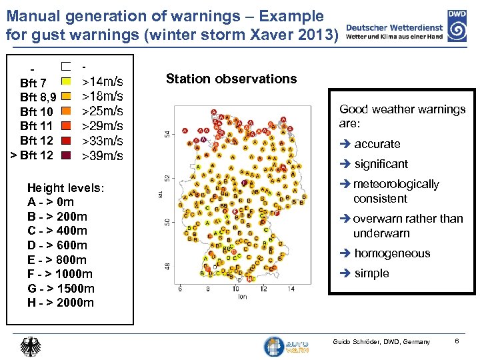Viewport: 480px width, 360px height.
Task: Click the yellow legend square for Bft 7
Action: [x=66, y=82]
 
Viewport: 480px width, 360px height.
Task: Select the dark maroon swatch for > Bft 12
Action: [x=66, y=155]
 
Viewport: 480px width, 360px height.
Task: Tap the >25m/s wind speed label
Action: [x=102, y=111]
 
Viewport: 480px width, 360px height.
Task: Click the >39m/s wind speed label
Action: [x=102, y=155]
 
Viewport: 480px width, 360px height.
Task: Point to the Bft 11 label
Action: [x=37, y=126]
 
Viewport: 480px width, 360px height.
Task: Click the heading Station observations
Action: [x=231, y=79]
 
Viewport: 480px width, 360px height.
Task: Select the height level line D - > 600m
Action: [x=57, y=245]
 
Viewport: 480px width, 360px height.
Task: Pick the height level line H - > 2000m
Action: [x=61, y=303]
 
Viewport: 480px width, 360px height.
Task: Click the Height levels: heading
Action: [x=65, y=187]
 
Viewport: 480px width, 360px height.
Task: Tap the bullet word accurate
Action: [x=377, y=144]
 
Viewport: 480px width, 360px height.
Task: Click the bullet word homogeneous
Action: [x=392, y=253]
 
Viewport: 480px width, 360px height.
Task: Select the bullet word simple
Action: [x=371, y=273]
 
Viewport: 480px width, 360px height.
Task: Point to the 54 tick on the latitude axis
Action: [x=167, y=134]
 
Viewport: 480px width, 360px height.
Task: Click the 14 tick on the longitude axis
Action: [x=291, y=289]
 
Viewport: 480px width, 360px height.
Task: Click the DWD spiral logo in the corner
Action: [x=457, y=29]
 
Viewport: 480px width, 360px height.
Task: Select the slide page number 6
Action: [x=456, y=341]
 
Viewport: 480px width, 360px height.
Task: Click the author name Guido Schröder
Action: [x=356, y=342]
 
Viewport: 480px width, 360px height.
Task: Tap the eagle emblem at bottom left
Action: [x=31, y=347]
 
